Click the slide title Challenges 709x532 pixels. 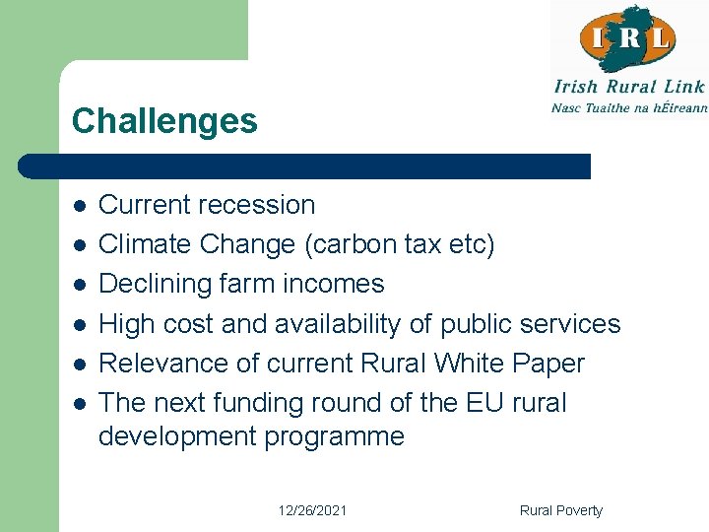click(164, 121)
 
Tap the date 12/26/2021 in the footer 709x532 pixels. click(311, 510)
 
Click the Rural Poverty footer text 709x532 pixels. click(560, 510)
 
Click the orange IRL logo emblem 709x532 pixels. click(627, 38)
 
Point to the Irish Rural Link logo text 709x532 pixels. click(629, 87)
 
